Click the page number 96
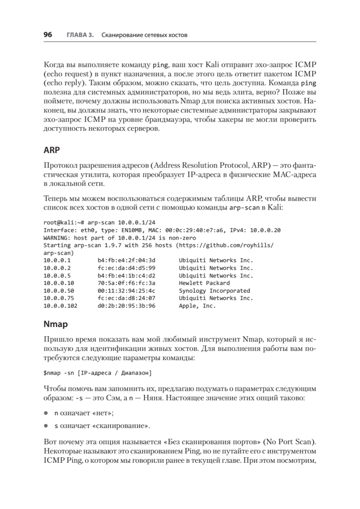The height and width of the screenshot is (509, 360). [x=47, y=35]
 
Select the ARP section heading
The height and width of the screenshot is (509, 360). [x=51, y=151]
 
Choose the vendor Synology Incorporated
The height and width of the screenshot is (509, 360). [x=214, y=291]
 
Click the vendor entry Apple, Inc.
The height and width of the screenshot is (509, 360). [x=197, y=306]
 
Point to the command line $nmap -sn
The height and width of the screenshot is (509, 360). [x=59, y=373]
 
